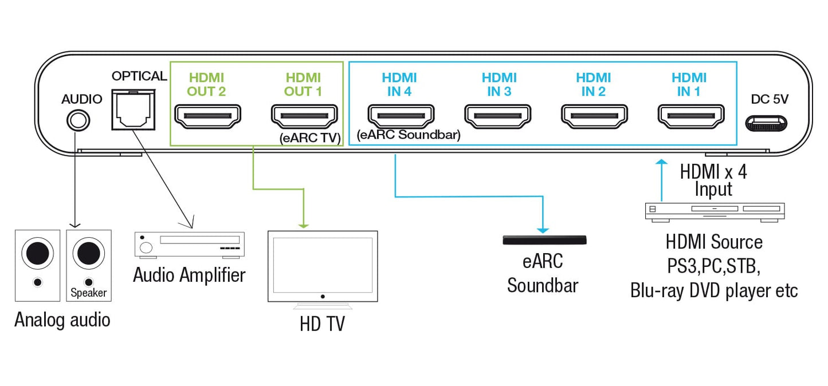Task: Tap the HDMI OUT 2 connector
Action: tap(207, 117)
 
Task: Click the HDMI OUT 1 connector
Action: tap(304, 117)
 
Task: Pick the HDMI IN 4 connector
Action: tap(400, 117)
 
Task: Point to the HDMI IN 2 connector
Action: tap(593, 117)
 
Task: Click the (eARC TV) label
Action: tap(309, 137)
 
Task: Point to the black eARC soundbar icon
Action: tap(544, 241)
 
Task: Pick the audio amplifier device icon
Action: tap(189, 244)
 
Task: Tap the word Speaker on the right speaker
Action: tap(89, 293)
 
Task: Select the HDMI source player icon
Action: tap(714, 211)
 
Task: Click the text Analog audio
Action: tap(62, 319)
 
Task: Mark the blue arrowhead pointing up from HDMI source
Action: tap(662, 163)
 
